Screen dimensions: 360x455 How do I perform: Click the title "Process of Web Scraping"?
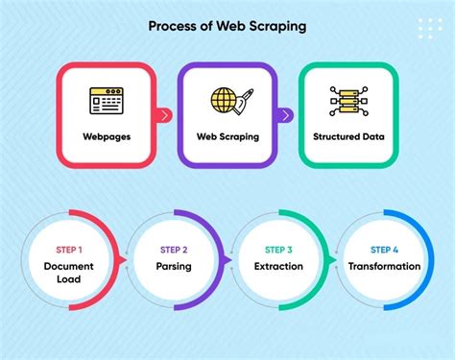227,26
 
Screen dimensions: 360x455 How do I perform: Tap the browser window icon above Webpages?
107,102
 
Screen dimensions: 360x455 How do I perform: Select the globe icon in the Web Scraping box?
225,101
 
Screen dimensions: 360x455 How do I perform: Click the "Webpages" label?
107,137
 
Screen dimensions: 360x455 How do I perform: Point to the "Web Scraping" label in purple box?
227,137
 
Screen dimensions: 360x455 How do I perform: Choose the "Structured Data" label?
348,137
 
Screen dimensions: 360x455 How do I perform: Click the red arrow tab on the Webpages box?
165,115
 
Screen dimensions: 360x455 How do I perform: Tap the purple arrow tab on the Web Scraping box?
286,115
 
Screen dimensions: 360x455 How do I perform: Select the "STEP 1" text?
67,250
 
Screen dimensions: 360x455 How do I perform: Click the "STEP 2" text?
173,250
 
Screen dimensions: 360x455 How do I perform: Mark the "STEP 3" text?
279,250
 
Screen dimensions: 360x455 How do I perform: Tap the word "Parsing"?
173,267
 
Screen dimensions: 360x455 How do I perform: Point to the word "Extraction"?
279,267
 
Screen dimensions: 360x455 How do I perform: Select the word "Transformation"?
384,267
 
